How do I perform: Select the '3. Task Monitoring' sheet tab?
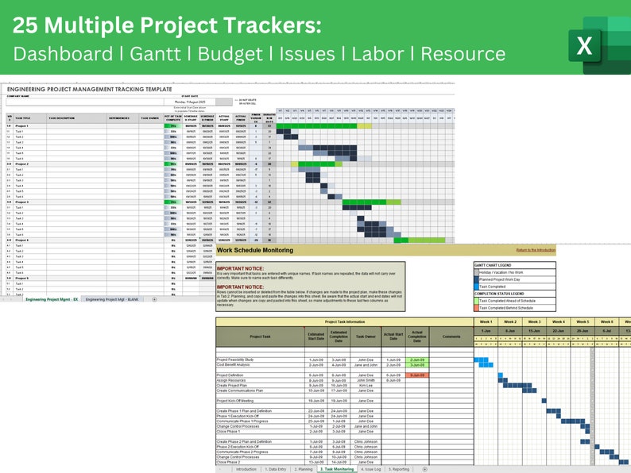click(336, 469)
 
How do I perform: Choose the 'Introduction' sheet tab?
click(246, 469)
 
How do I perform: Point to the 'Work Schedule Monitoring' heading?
click(260, 251)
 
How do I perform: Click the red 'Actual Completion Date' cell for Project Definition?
click(416, 375)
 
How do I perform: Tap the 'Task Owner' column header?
click(366, 336)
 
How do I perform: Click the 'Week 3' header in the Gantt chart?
click(534, 321)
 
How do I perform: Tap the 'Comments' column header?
click(451, 336)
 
